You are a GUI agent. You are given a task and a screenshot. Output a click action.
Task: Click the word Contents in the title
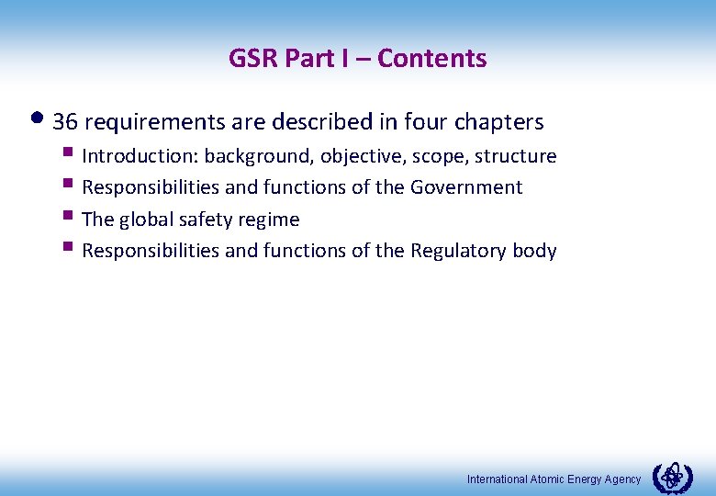tap(431, 59)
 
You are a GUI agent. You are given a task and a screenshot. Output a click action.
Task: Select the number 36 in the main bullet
tap(64, 122)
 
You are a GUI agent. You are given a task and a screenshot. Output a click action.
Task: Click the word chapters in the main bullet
tap(503, 122)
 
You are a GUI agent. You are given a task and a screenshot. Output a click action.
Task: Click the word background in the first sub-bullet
tap(265, 157)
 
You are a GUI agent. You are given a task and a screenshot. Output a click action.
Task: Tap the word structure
tap(516, 157)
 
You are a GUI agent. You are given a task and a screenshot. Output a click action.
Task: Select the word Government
tap(466, 188)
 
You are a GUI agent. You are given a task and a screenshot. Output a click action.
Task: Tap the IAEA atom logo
tap(672, 477)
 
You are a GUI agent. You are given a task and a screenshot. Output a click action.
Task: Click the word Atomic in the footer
tap(548, 479)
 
